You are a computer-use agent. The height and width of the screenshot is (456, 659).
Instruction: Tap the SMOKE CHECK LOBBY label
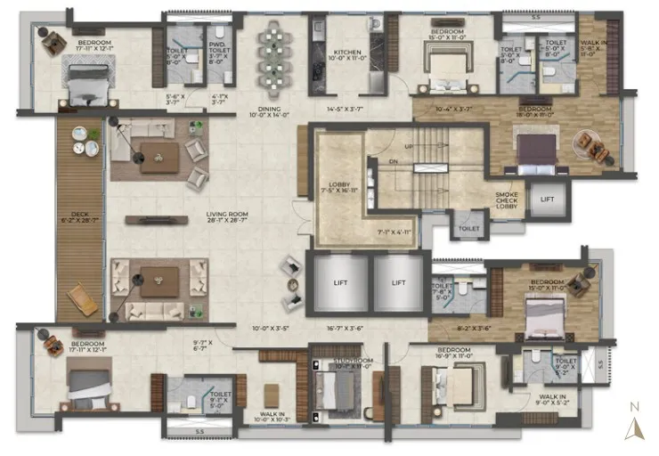(x=510, y=201)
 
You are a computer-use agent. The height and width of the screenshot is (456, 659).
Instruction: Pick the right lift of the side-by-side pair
(x=398, y=281)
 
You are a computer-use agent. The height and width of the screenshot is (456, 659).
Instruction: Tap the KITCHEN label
(x=347, y=53)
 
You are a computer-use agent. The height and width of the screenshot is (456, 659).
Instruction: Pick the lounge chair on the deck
(x=84, y=298)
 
